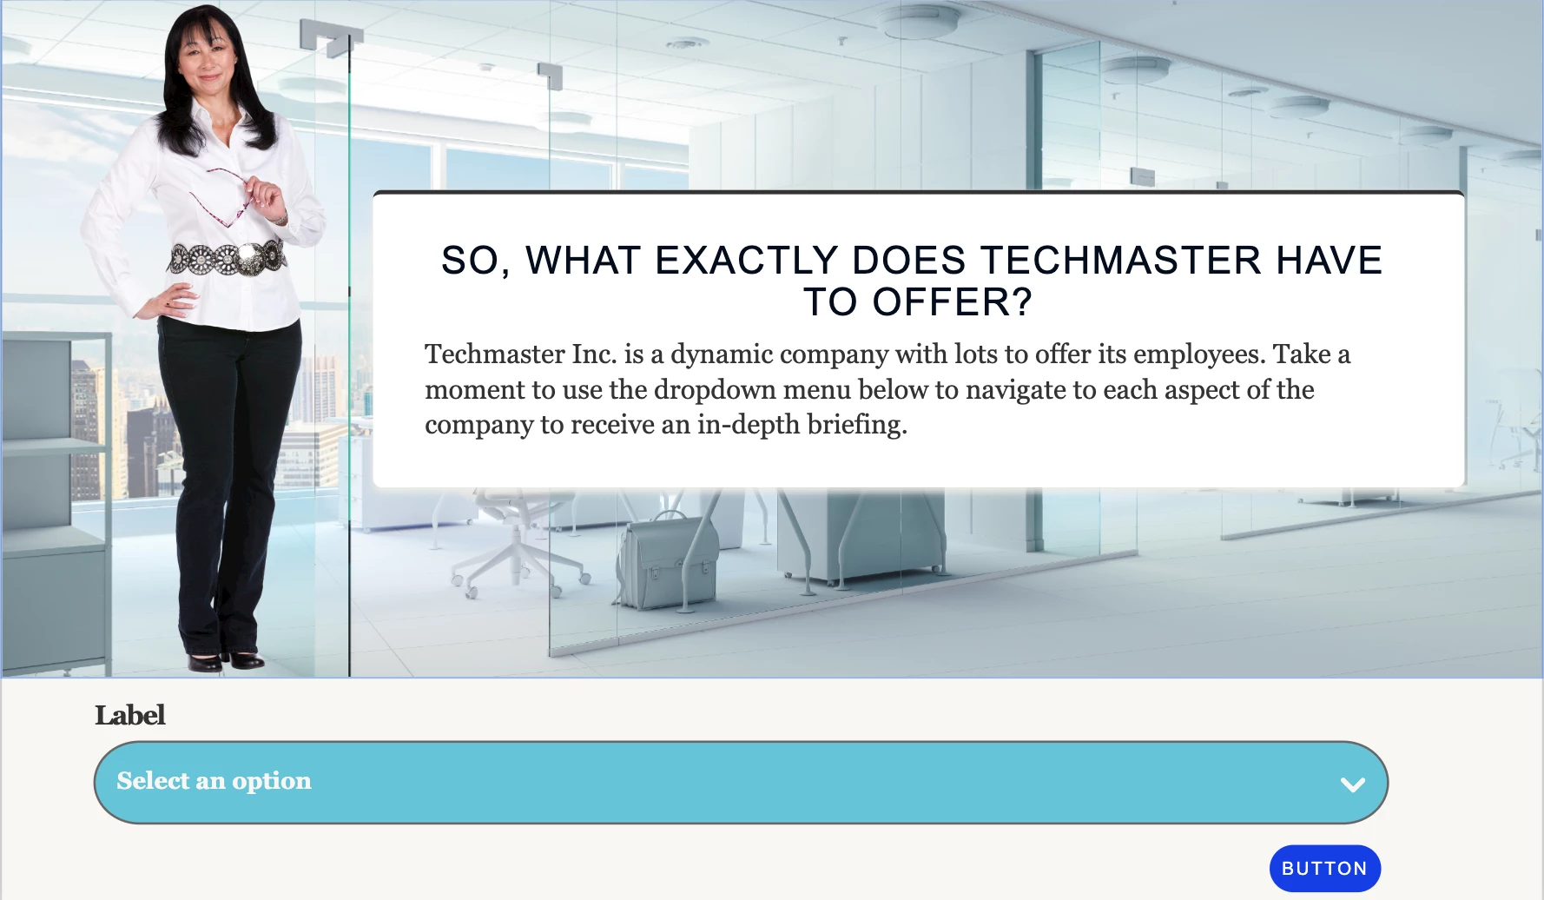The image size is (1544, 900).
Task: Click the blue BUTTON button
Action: click(x=1324, y=868)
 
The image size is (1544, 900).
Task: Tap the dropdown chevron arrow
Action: click(x=1352, y=784)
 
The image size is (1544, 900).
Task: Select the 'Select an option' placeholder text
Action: click(x=214, y=781)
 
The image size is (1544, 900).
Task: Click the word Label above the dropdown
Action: click(x=130, y=715)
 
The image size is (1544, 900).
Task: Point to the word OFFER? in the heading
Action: click(x=953, y=302)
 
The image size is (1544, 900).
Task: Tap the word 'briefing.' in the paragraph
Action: click(x=857, y=425)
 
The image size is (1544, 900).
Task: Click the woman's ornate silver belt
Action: click(x=228, y=257)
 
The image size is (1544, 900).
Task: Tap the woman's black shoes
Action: click(x=226, y=661)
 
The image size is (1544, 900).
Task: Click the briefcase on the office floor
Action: click(x=667, y=559)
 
